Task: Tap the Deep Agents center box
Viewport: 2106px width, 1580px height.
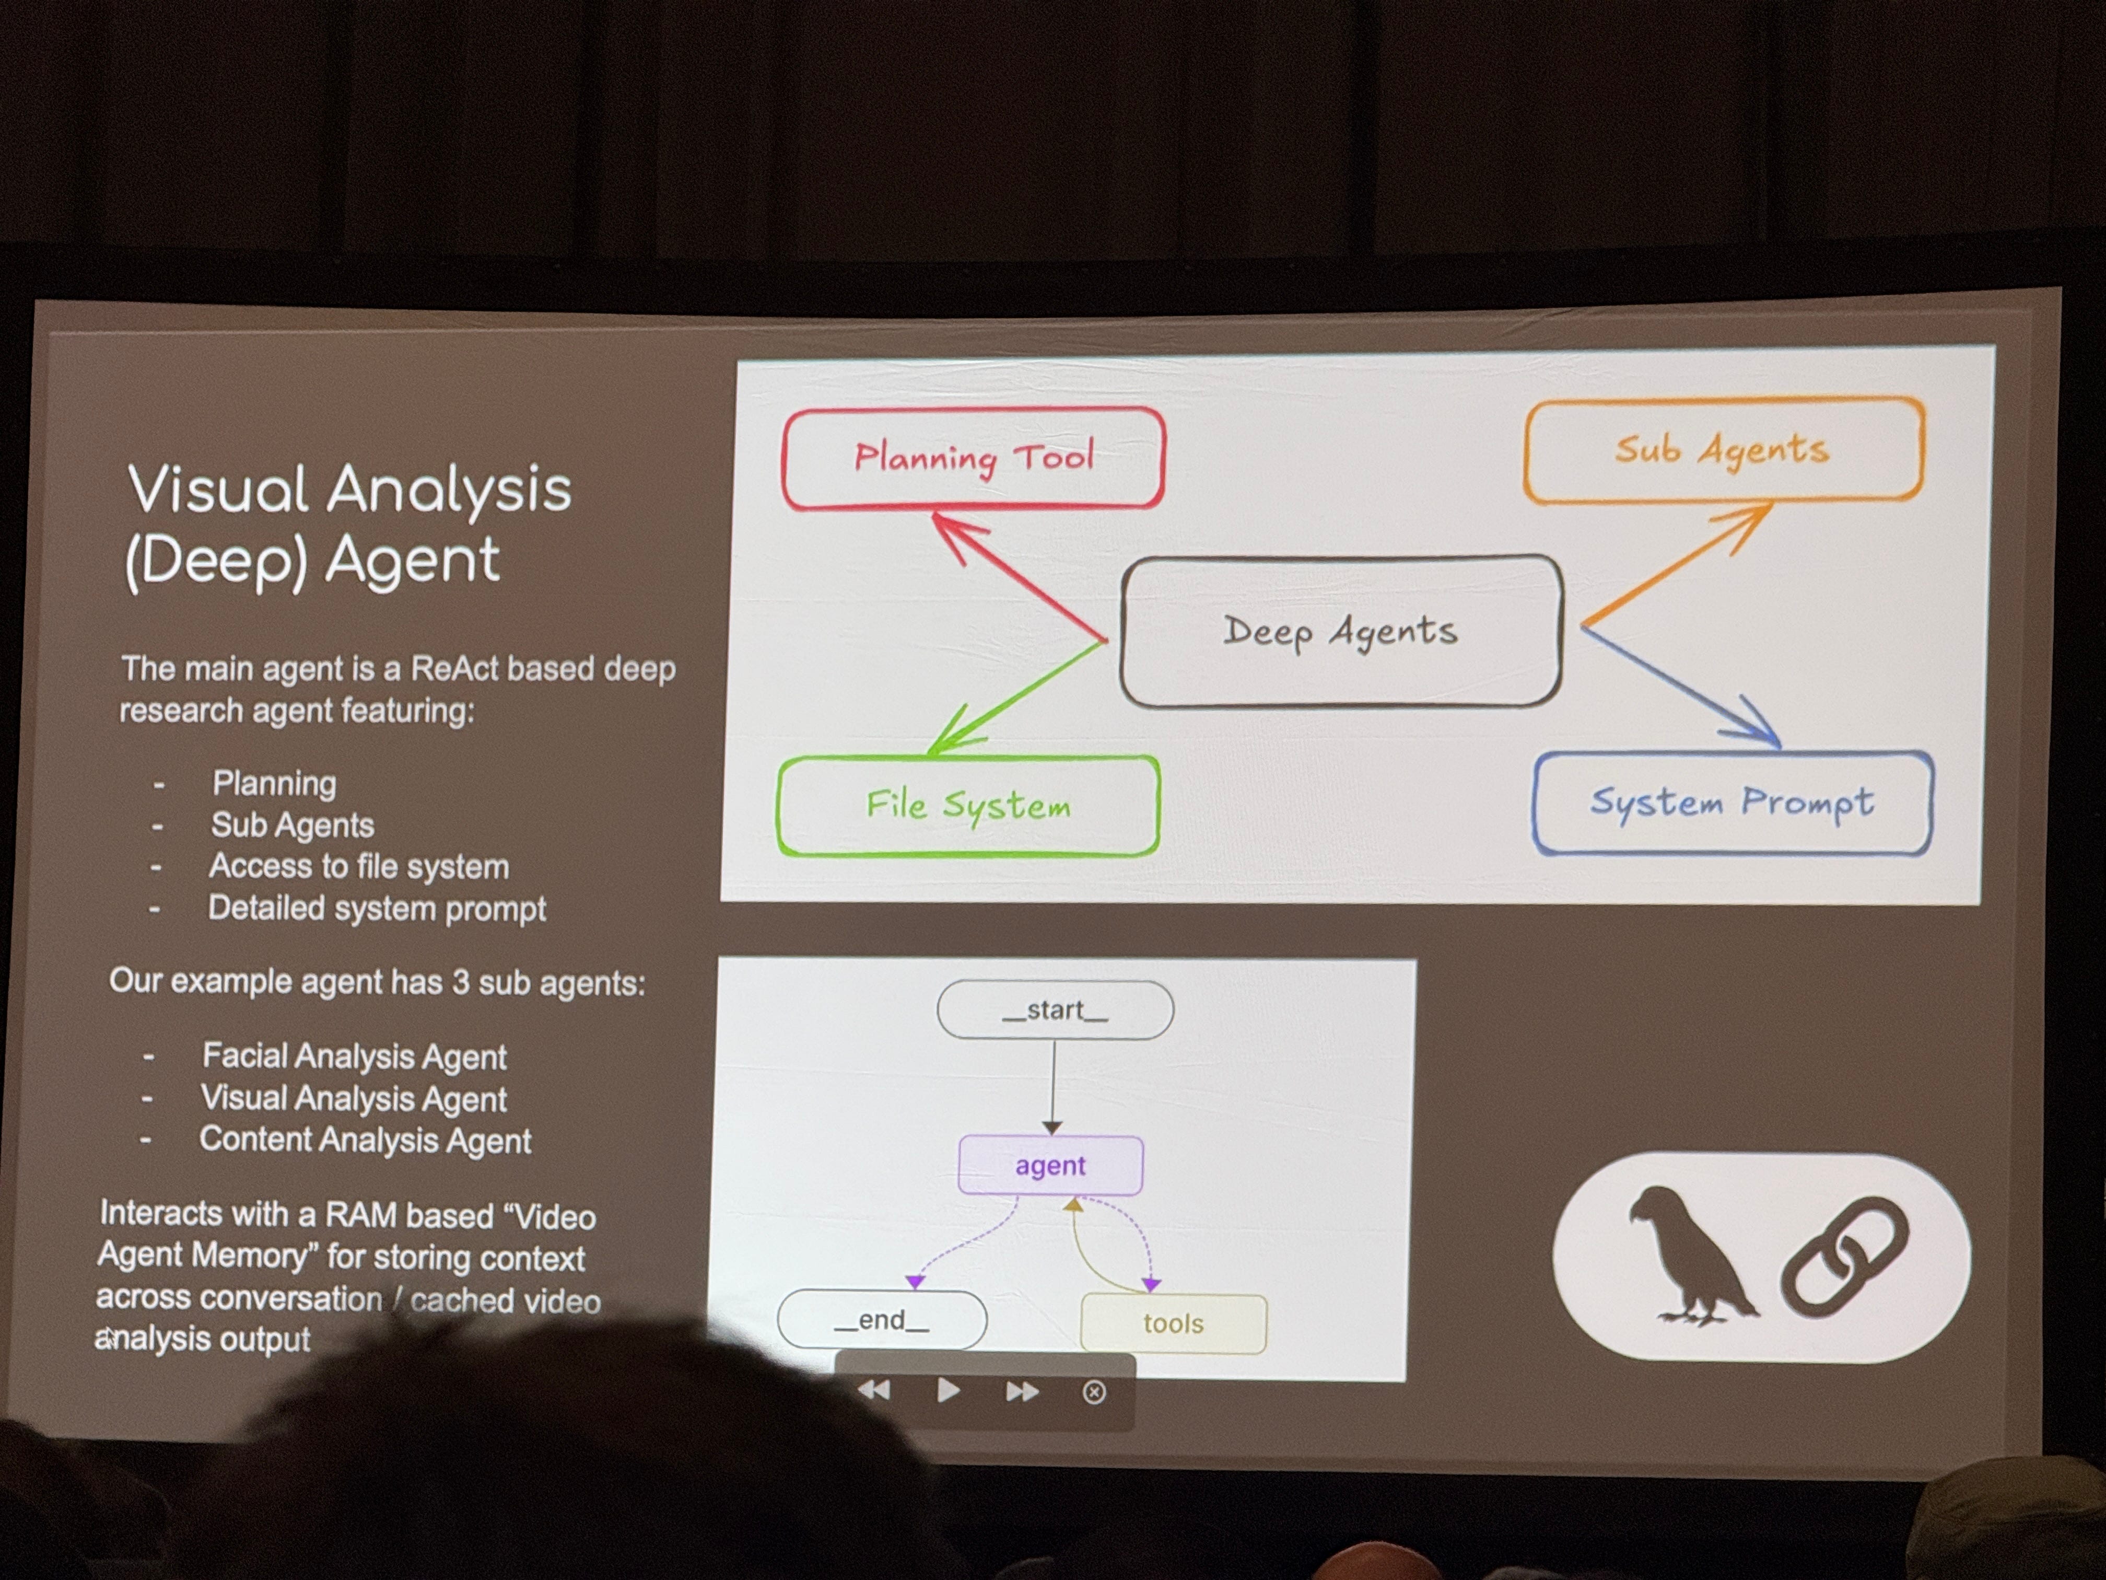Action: pos(1340,631)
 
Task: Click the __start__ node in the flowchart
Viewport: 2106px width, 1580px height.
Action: pos(1055,1009)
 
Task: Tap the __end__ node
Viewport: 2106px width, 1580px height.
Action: pos(882,1320)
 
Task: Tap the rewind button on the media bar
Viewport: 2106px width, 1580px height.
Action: pos(874,1391)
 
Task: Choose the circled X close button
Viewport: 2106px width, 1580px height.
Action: pos(1094,1392)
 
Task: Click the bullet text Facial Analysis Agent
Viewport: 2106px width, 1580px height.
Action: pos(354,1056)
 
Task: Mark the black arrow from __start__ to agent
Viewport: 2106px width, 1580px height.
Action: pos(1053,1086)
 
